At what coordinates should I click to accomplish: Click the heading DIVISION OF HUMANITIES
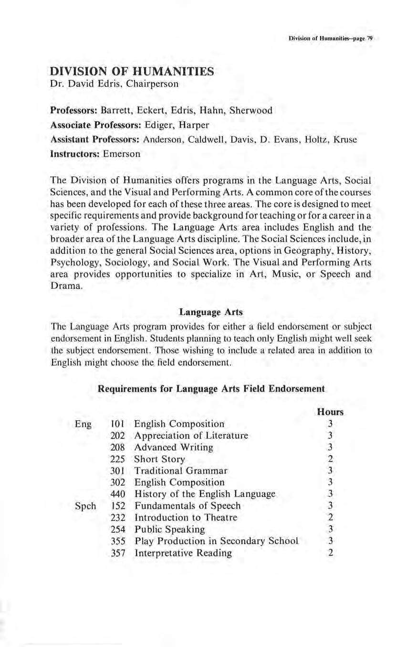(x=133, y=72)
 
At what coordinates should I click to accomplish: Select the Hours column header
(x=330, y=411)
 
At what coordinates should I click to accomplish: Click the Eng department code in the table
(x=83, y=424)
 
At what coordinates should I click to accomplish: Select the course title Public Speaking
(x=170, y=529)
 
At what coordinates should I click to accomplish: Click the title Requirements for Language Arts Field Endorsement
(x=211, y=389)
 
